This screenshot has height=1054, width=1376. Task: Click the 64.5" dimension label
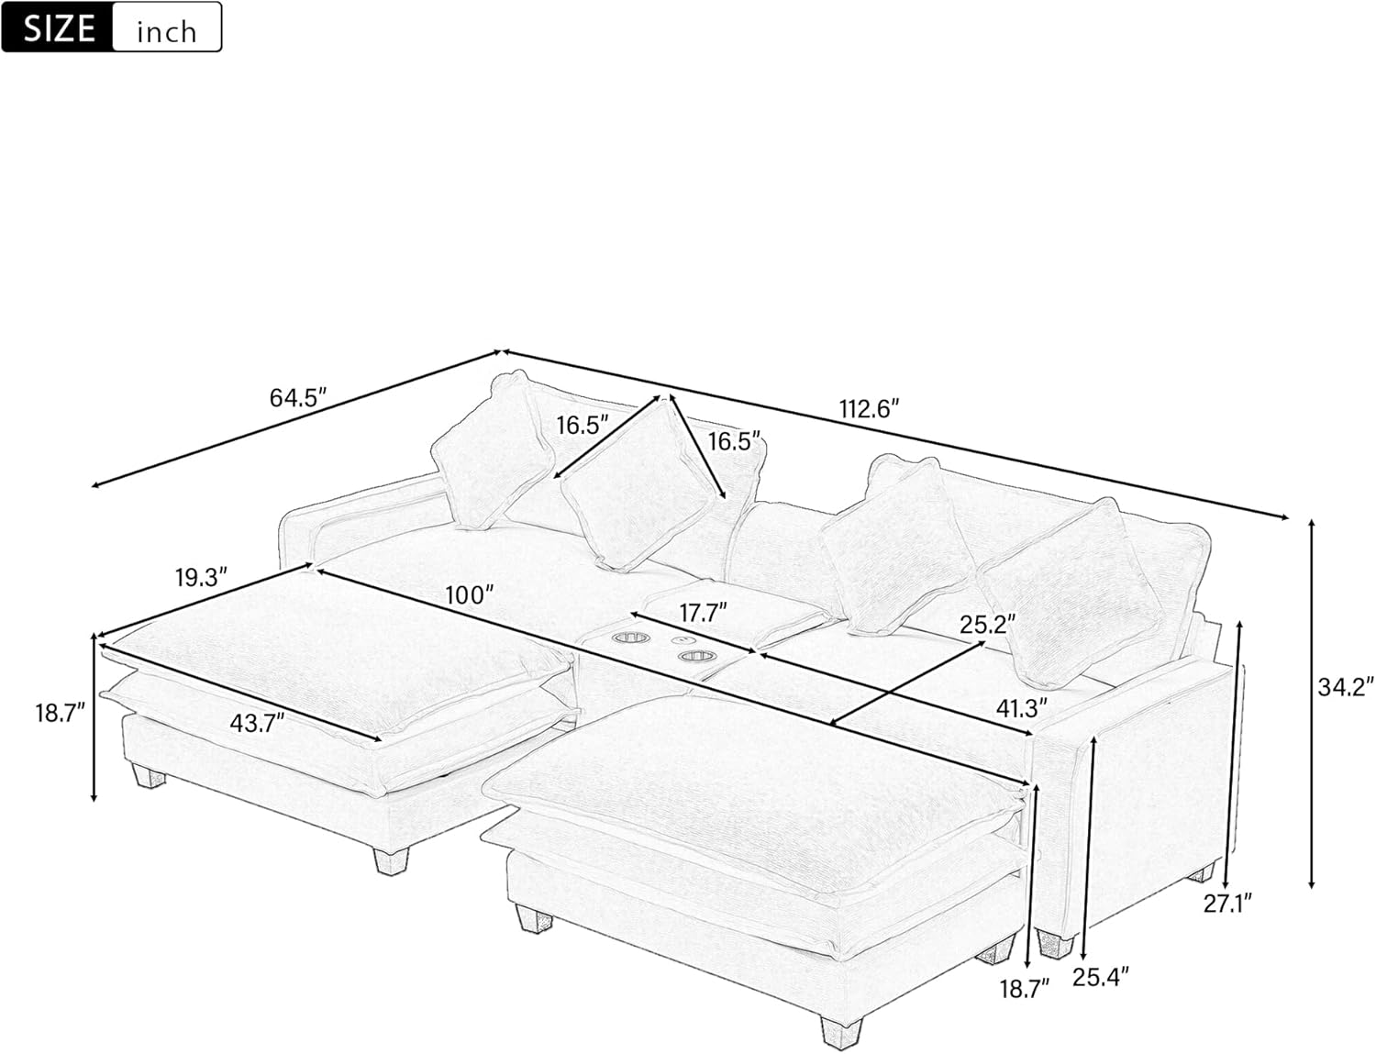pos(298,398)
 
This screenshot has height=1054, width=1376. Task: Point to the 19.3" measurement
pos(201,578)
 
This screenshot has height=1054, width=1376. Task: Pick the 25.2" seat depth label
pos(987,625)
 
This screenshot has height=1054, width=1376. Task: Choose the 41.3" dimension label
pos(1021,708)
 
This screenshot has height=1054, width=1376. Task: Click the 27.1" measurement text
pos(1227,904)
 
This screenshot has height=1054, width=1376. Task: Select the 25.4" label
pos(1100,977)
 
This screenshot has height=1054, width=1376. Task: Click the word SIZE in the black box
pos(59,28)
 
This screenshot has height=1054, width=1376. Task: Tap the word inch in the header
pos(166,31)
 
